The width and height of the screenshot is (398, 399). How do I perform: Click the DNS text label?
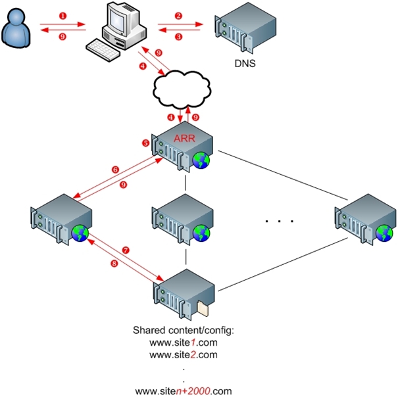[245, 65]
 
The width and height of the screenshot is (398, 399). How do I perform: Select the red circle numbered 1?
[62, 14]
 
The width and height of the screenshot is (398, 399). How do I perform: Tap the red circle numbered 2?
[179, 15]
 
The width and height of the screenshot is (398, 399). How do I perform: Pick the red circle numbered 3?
[179, 37]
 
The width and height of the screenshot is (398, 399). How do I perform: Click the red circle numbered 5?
[146, 143]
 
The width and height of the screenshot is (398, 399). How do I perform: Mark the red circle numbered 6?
[115, 170]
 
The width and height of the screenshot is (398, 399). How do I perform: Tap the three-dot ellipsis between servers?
[278, 222]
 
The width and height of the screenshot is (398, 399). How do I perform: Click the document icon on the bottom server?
[202, 307]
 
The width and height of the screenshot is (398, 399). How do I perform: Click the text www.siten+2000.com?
[184, 391]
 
